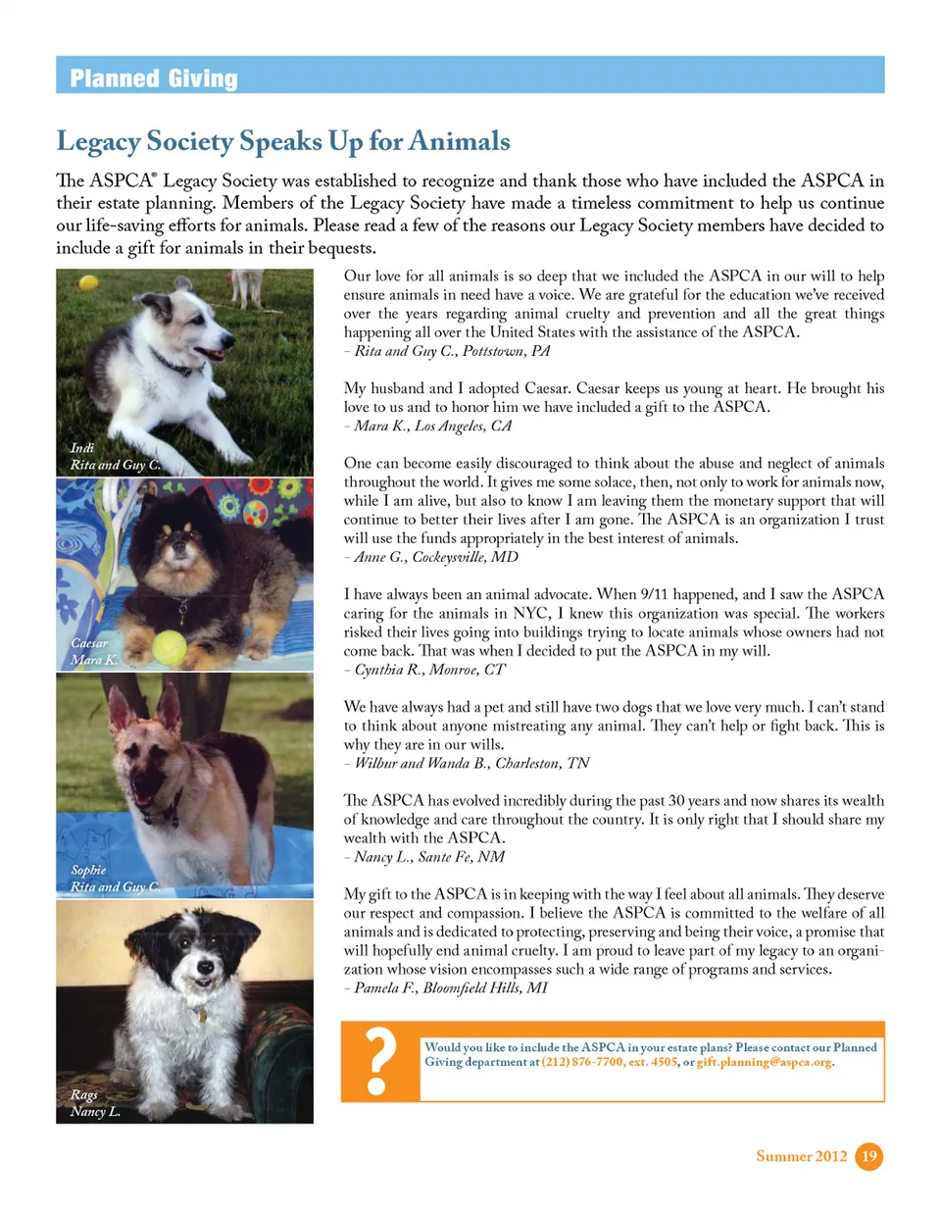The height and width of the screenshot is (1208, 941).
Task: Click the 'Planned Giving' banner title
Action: pyautogui.click(x=153, y=78)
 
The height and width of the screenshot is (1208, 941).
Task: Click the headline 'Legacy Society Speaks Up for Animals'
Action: pyautogui.click(x=283, y=141)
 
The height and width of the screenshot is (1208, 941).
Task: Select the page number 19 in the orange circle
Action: pyautogui.click(x=868, y=1157)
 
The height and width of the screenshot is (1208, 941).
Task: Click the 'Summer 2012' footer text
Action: pyautogui.click(x=802, y=1158)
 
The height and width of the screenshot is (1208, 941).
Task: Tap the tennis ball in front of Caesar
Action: pyautogui.click(x=168, y=644)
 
